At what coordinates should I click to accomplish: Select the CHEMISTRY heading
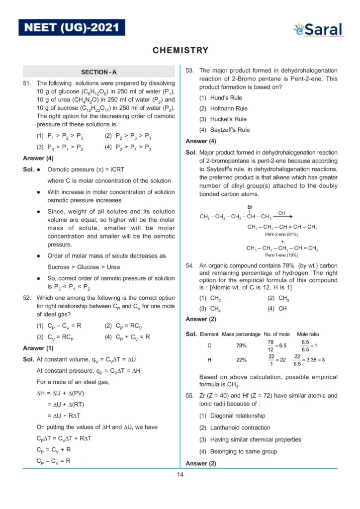(180, 50)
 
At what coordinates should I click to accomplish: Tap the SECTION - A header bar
(99, 72)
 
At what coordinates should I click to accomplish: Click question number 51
(28, 84)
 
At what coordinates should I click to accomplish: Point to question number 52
(28, 298)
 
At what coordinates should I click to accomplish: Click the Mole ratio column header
(308, 334)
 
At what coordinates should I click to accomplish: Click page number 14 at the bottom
(180, 474)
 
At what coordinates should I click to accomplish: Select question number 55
(190, 396)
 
